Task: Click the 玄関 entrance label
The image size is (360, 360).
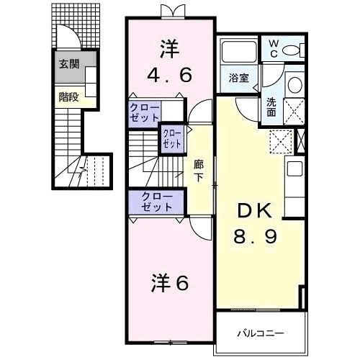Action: point(69,64)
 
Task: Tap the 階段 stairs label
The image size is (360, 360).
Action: point(69,97)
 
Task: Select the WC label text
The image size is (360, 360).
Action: point(274,49)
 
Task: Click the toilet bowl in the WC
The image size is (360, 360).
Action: point(291,50)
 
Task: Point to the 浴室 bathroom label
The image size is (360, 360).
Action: point(238,78)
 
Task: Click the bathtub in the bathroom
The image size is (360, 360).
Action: point(239,52)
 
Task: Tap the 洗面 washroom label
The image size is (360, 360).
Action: point(271,107)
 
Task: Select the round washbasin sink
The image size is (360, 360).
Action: point(295,85)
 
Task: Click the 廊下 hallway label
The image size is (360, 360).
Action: point(199,171)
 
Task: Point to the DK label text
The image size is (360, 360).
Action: point(255,211)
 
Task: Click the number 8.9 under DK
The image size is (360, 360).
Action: point(256,235)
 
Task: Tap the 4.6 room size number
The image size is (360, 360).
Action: point(169,75)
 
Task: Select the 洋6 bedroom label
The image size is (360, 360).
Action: point(170,284)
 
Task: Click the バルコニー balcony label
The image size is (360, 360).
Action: point(261,333)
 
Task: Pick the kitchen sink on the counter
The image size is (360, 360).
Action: point(295,168)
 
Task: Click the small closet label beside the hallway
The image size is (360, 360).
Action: point(172,139)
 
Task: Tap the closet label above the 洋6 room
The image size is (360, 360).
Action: point(157,202)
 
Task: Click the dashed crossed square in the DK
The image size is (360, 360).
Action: point(281,142)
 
